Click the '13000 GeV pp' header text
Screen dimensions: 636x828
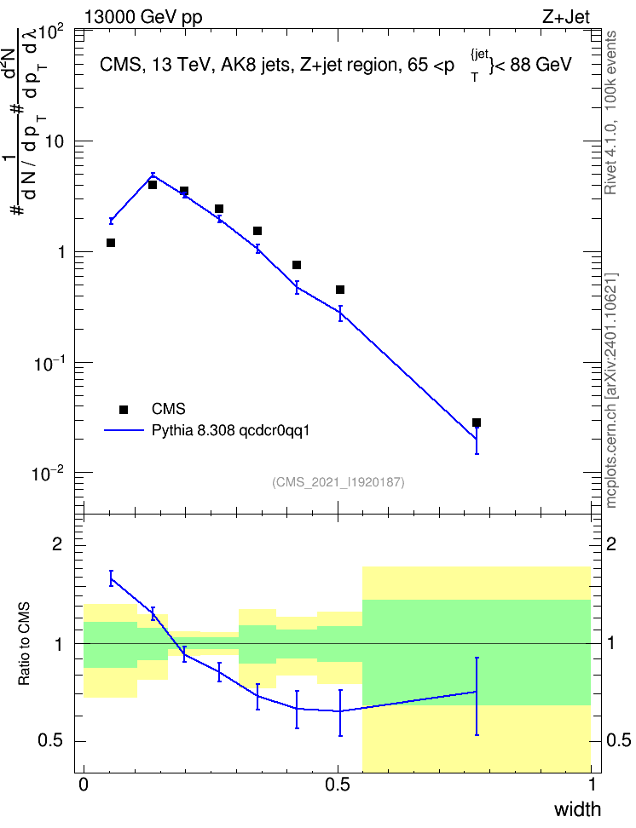coord(143,17)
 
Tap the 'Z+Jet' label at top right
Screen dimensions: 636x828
coord(566,17)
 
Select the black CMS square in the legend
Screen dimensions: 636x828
coord(124,409)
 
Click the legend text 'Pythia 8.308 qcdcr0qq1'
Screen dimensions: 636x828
coord(230,430)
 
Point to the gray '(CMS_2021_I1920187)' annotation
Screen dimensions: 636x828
coord(338,482)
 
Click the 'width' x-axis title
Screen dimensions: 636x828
coord(577,809)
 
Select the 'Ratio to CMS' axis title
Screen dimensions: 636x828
coord(24,644)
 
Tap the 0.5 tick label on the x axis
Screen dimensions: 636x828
coord(338,785)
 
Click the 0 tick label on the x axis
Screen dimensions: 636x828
coord(84,785)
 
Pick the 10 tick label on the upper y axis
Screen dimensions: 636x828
coord(55,141)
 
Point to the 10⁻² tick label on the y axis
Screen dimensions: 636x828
coord(49,473)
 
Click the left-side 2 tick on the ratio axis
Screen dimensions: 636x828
coord(58,543)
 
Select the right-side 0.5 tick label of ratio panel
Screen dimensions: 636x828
coord(619,740)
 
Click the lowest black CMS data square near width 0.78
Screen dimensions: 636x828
coord(477,423)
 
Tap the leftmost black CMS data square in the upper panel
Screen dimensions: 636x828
coord(111,243)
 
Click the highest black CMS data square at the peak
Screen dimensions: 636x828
coord(153,185)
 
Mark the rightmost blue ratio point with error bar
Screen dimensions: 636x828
coord(477,692)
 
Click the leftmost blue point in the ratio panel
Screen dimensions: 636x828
coord(111,578)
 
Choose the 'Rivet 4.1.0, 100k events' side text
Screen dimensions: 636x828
coord(610,112)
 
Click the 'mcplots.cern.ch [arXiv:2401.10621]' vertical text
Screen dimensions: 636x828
coord(610,390)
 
